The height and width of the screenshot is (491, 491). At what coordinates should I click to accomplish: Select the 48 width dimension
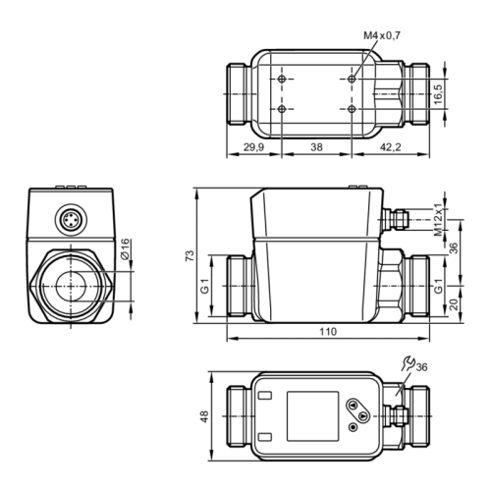pos(203,416)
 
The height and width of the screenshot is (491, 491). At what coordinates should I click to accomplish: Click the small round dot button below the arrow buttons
pos(348,429)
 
